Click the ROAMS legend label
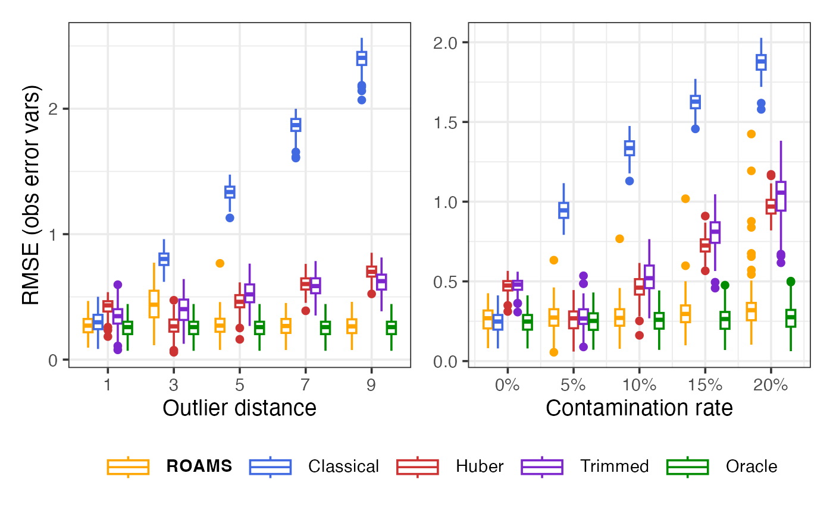(x=199, y=466)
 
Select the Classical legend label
(x=343, y=466)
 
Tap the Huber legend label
(x=480, y=466)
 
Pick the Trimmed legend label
(x=614, y=466)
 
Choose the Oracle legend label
(x=751, y=466)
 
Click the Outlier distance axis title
(x=239, y=408)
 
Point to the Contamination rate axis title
(x=639, y=408)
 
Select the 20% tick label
(x=771, y=384)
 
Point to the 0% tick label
(x=508, y=384)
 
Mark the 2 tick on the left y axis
(x=58, y=109)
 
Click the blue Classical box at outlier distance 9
(x=361, y=58)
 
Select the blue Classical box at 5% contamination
(x=563, y=210)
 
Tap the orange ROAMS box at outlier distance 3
(x=154, y=304)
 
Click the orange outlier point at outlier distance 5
(x=220, y=263)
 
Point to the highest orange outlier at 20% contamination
(x=751, y=134)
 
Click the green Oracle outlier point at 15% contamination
(x=725, y=285)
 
